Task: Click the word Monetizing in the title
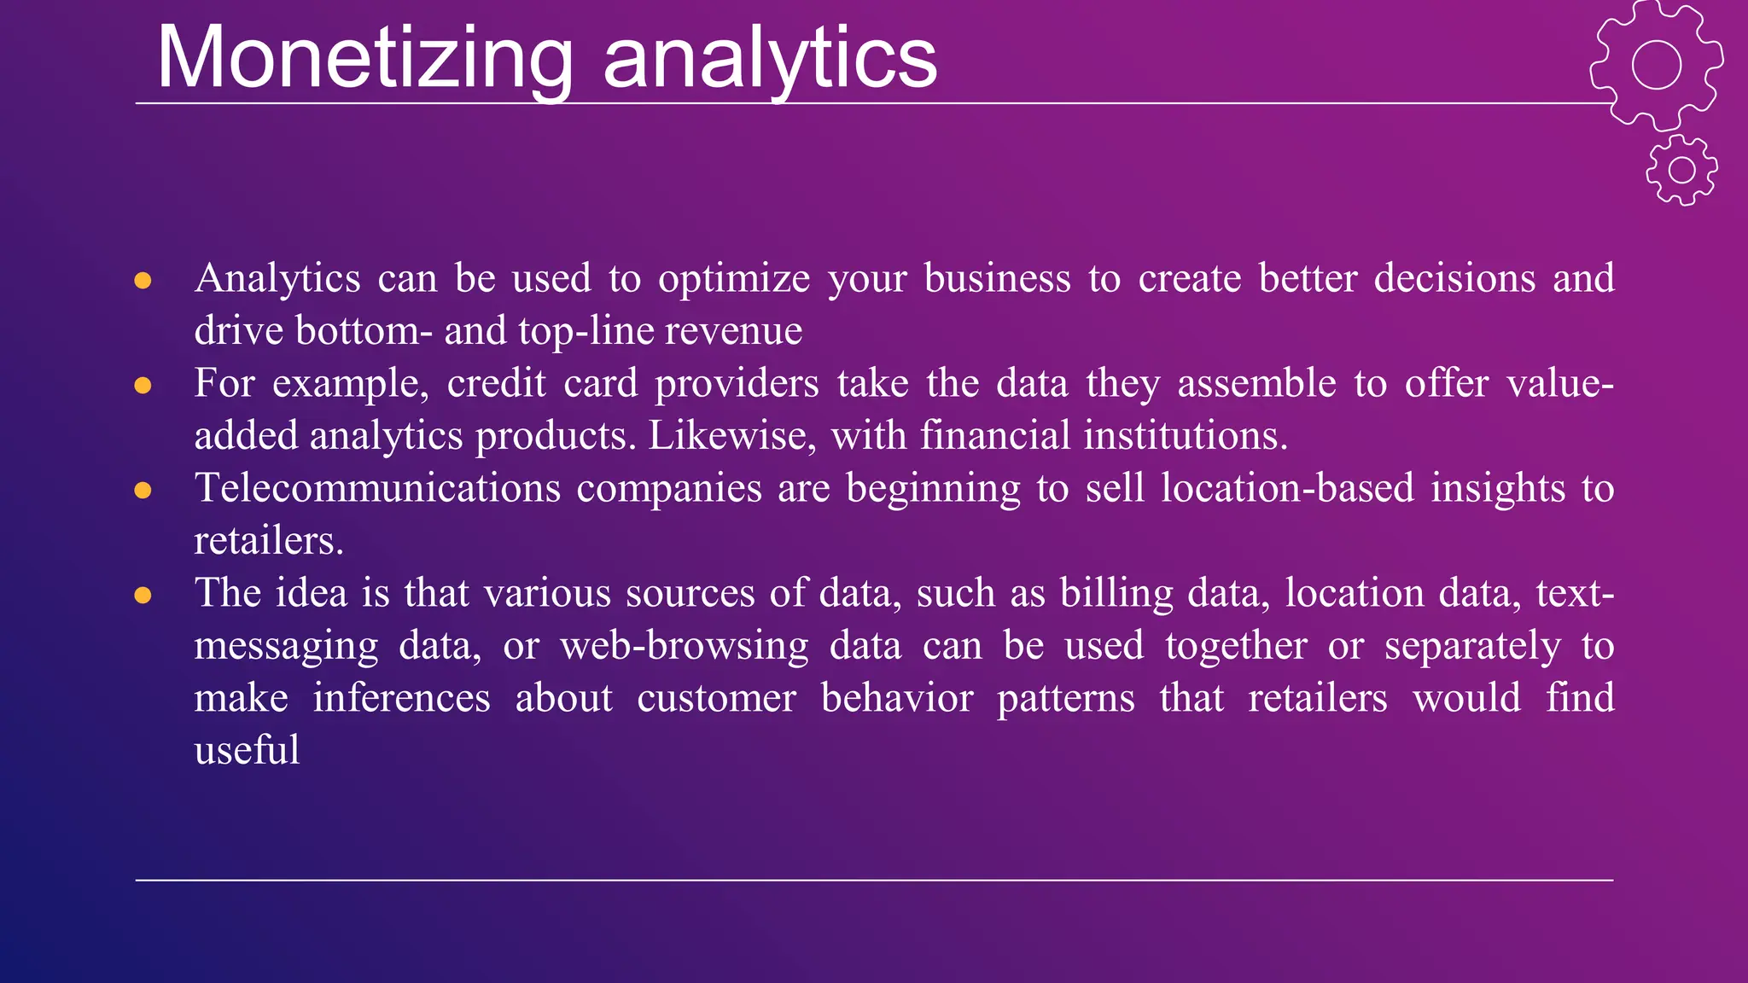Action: [x=365, y=58]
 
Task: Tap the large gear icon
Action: [x=1656, y=65]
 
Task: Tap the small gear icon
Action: [x=1681, y=170]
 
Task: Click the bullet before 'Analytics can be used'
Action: [x=143, y=281]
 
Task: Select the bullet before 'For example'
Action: [x=143, y=386]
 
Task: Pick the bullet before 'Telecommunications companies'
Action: [x=143, y=491]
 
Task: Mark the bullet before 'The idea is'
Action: [x=143, y=596]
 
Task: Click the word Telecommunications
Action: [x=377, y=489]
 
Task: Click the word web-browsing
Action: [x=685, y=646]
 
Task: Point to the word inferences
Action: [x=401, y=699]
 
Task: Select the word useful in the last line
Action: [x=247, y=751]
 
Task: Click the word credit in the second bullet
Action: [x=496, y=384]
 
